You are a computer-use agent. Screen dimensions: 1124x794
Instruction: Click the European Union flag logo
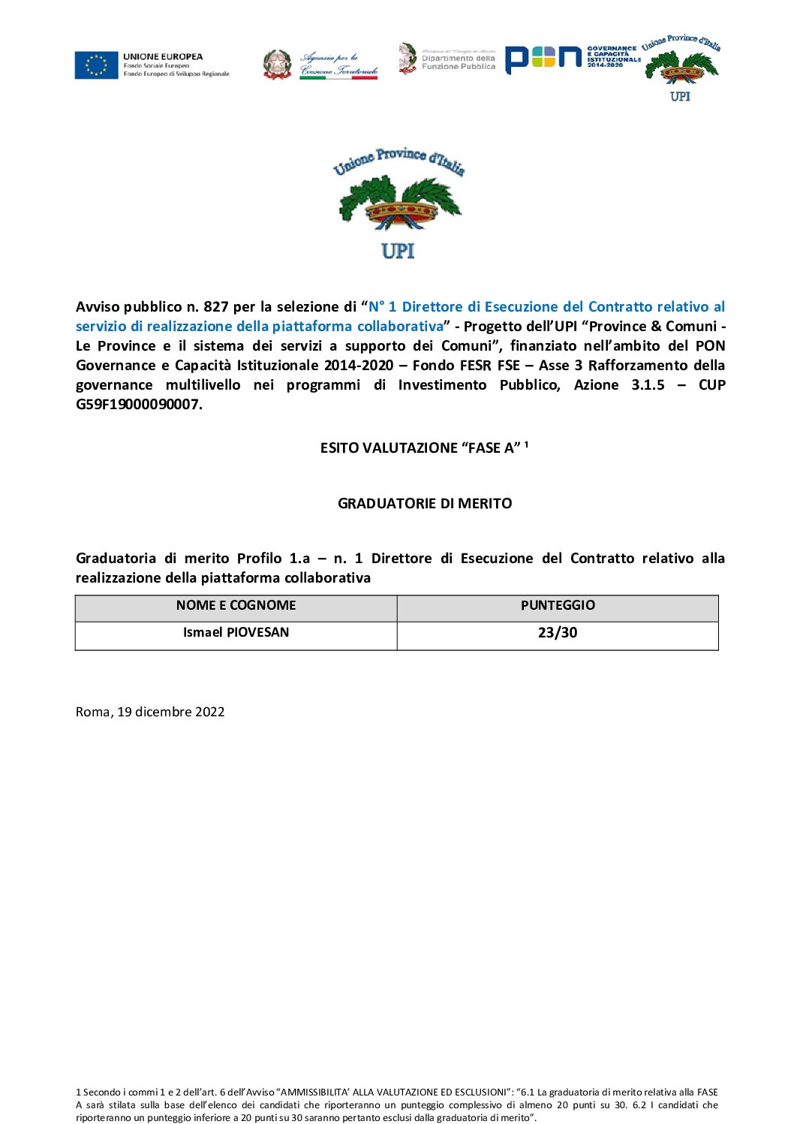96,65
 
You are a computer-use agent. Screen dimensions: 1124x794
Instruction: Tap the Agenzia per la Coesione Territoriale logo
320,65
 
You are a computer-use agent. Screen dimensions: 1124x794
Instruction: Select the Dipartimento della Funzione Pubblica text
458,62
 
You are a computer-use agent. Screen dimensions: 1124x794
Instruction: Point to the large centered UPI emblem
399,203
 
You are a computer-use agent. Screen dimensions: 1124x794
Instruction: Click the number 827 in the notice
215,307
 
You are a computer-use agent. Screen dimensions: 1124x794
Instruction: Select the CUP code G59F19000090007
138,405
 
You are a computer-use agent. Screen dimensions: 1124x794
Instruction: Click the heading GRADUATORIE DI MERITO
425,504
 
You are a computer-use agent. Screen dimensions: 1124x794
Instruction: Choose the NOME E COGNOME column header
236,606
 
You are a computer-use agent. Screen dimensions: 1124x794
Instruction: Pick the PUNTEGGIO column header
558,606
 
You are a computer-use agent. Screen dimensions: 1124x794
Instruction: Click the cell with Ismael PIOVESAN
236,633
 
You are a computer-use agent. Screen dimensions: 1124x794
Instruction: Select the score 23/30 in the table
558,633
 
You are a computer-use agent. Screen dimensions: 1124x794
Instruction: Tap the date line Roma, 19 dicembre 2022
150,712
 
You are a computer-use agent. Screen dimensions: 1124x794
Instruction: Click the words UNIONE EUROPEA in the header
163,57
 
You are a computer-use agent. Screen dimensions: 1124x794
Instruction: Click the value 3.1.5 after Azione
648,385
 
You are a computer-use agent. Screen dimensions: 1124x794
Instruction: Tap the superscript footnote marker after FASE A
526,444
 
